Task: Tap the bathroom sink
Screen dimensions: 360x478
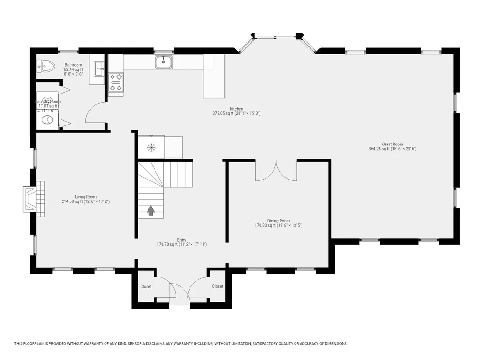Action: pyautogui.click(x=99, y=69)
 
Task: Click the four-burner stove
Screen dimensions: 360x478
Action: pyautogui.click(x=116, y=82)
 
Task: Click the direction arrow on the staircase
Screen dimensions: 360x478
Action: pyautogui.click(x=151, y=211)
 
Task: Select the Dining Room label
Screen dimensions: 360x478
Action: pyautogui.click(x=278, y=221)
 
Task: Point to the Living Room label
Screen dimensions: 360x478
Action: pyautogui.click(x=85, y=197)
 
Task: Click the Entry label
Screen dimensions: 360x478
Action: pyautogui.click(x=182, y=239)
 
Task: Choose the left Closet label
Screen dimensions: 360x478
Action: pyautogui.click(x=146, y=286)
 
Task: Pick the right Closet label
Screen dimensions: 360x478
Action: pyautogui.click(x=218, y=286)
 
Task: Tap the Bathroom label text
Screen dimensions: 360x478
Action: pyautogui.click(x=73, y=65)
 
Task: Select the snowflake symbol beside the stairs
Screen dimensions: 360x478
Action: pyautogui.click(x=151, y=147)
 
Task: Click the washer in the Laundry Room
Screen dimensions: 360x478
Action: pyautogui.click(x=48, y=120)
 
